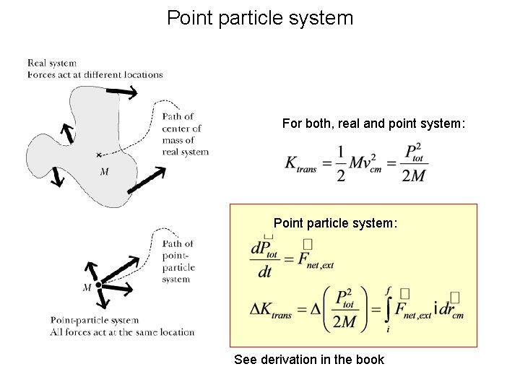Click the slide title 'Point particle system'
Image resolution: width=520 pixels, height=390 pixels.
260,18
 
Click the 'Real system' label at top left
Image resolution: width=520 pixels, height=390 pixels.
52,64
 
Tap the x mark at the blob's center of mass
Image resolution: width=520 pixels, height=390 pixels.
99,155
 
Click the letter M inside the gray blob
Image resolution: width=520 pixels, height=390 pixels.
104,171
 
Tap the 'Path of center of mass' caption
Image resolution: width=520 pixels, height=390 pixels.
185,134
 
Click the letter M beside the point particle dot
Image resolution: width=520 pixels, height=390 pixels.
87,287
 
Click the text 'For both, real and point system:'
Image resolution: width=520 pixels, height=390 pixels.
374,124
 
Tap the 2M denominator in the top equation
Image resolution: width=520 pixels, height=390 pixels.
412,176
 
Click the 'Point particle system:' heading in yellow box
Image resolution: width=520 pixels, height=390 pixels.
335,223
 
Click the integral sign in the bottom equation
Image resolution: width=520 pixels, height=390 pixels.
389,310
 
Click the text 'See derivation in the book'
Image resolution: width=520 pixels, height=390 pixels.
309,360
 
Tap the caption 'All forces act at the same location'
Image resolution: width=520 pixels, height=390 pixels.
123,332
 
